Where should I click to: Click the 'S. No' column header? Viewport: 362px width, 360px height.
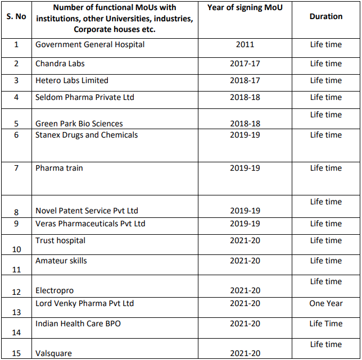16,16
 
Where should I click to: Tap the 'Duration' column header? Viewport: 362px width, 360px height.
325,16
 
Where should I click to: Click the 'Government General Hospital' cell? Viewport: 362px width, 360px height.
90,44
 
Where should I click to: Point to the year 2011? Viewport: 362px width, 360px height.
245,44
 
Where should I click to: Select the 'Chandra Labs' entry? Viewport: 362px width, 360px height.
60,63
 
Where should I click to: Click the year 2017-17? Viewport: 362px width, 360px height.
245,63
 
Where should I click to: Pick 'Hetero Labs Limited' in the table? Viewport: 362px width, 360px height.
72,80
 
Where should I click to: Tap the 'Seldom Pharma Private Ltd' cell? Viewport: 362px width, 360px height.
85,97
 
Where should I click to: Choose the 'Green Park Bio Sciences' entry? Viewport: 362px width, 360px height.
79,124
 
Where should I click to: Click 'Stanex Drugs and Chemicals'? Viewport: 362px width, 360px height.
87,135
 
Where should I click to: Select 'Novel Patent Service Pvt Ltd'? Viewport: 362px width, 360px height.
87,211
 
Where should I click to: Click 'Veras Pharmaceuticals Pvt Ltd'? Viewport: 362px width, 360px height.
90,224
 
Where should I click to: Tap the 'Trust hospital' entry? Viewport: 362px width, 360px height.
61,240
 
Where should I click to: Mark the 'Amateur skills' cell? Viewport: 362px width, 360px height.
61,261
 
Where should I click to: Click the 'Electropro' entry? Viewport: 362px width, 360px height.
55,290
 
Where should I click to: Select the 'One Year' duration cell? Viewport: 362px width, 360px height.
325,303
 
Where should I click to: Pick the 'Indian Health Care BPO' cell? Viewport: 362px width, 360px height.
78,323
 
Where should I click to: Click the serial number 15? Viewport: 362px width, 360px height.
16,353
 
